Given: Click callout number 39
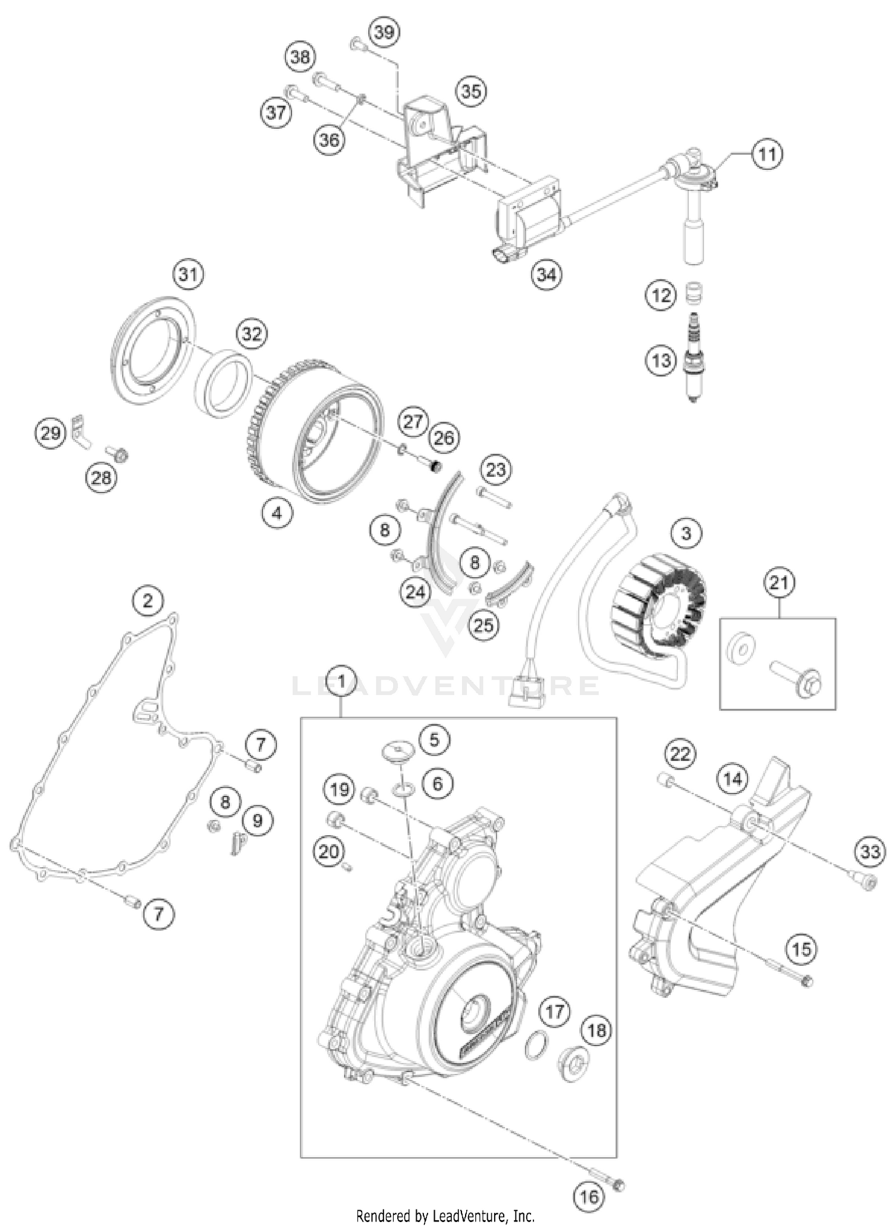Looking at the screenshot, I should pos(384,32).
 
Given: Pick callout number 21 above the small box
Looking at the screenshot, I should pos(779,582).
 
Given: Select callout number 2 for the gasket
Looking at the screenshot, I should pos(147,601).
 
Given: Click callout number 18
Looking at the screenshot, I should pos(596,1030).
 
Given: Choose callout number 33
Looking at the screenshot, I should pos(870,852).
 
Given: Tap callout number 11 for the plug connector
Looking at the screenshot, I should pos(767,155).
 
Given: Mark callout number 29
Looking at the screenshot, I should pos(51,432).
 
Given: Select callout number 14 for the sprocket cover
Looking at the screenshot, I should pos(733,779).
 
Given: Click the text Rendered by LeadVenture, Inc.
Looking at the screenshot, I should pos(445,1216).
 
